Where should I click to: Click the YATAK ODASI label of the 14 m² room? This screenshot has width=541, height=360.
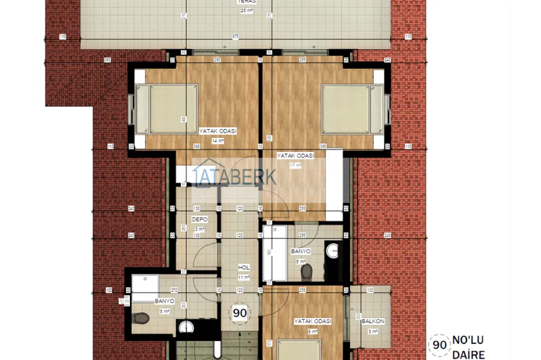click(218, 130)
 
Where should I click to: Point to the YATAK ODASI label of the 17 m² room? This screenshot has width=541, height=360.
click(295, 155)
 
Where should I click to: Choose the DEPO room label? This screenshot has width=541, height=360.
click(199, 219)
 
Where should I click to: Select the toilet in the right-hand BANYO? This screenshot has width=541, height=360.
click(307, 272)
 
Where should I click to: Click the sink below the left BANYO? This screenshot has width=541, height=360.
click(185, 328)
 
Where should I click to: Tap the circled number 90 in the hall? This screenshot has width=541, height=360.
click(240, 312)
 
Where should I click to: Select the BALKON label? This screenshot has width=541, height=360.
click(372, 321)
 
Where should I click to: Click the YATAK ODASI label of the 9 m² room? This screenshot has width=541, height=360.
click(313, 321)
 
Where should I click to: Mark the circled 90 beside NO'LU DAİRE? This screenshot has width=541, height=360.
click(439, 344)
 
